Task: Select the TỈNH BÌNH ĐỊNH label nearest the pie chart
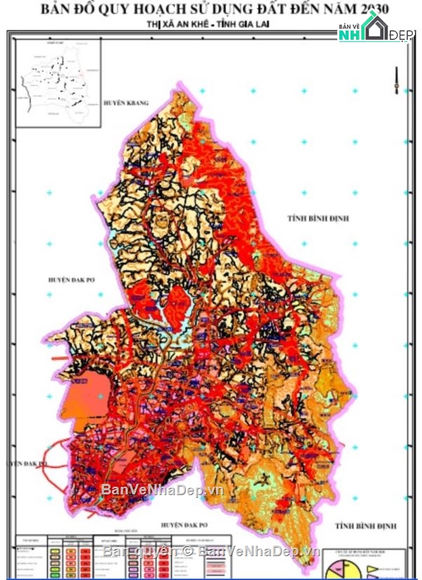pos(365,526)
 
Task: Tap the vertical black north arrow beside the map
pos(397,77)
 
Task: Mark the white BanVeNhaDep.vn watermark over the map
pos(163,490)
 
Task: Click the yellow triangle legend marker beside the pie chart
pos(374,559)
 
